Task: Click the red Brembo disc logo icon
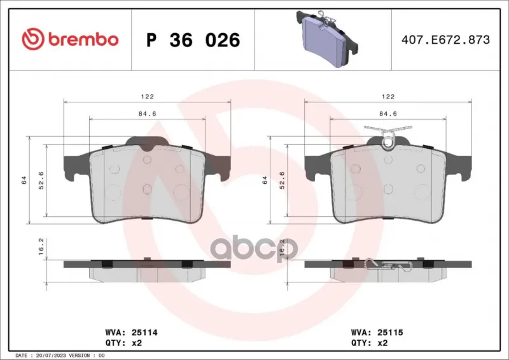33,39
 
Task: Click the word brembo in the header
83,39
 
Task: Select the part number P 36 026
193,40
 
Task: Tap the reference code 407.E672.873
445,39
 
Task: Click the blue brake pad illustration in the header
327,38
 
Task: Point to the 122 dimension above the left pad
147,97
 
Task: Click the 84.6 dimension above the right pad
388,114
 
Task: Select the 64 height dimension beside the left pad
24,180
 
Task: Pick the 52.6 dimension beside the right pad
282,180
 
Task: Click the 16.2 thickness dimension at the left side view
41,247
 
